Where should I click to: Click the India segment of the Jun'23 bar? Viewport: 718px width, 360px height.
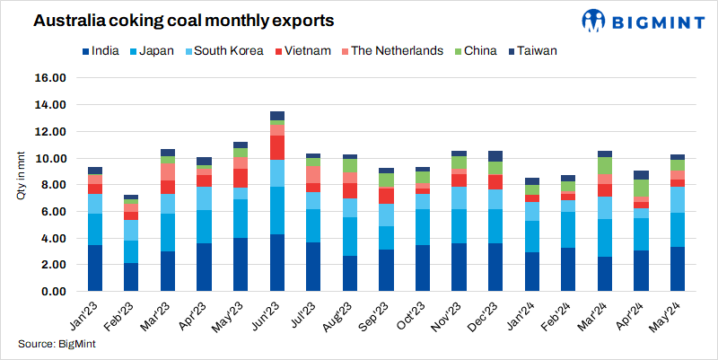point(277,262)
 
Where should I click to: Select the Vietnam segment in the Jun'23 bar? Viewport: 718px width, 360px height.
point(277,147)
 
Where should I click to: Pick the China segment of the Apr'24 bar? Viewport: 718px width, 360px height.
point(642,189)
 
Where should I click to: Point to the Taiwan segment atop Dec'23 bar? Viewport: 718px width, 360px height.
point(495,156)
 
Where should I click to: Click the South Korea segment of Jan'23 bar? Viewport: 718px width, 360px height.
point(94,204)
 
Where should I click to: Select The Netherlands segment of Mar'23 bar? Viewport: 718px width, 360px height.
point(168,171)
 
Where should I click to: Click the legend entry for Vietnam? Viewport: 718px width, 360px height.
point(303,50)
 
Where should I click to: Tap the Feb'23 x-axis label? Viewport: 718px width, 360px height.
point(124,313)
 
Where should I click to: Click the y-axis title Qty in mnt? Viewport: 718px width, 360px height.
point(21,176)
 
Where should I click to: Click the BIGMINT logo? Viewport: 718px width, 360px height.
point(645,20)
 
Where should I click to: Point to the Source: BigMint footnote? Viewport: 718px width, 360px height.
point(57,344)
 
